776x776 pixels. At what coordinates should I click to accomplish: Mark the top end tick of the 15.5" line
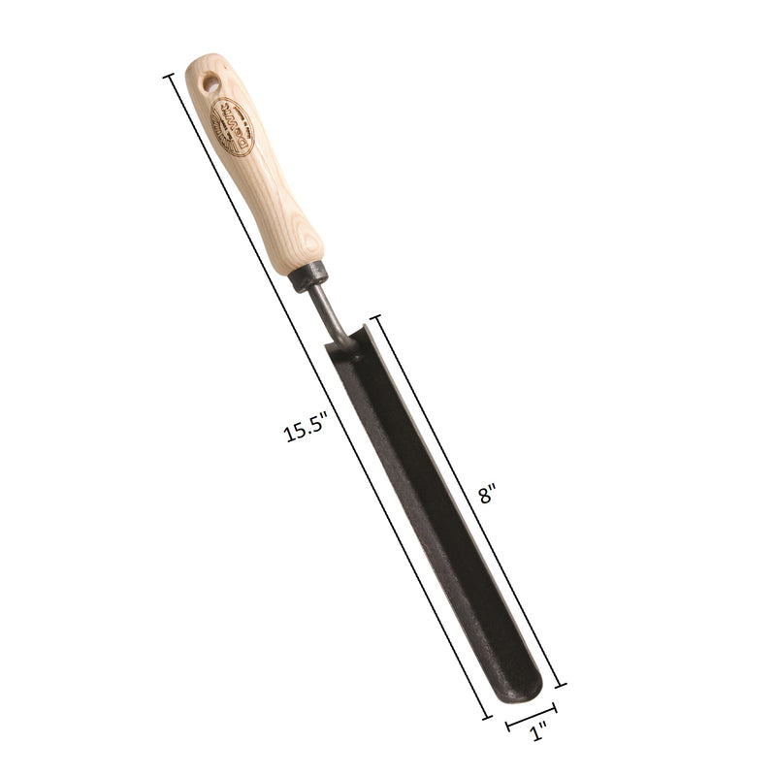pyautogui.click(x=170, y=75)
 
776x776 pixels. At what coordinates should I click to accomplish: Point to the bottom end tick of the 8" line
pyautogui.click(x=560, y=684)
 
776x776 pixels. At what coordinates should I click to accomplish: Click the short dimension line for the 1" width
pyautogui.click(x=532, y=718)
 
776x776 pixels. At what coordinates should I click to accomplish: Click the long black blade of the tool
pyautogui.click(x=436, y=514)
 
